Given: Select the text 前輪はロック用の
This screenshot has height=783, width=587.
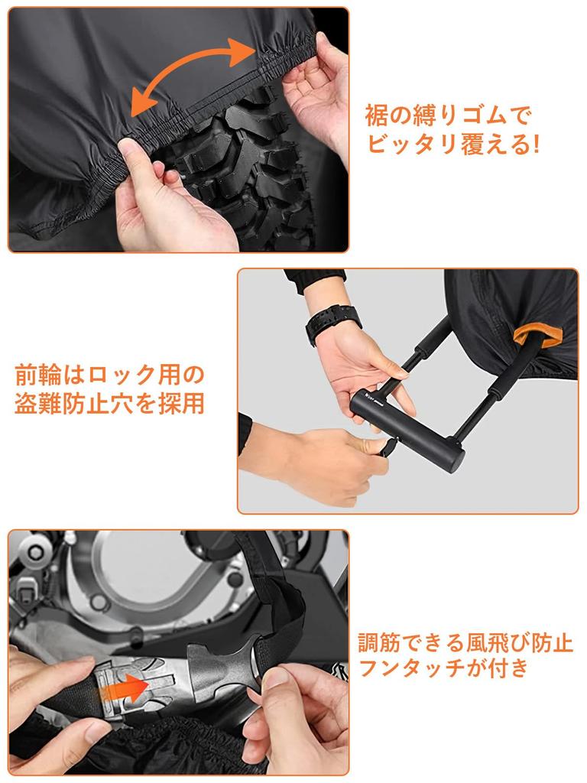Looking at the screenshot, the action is (x=109, y=375).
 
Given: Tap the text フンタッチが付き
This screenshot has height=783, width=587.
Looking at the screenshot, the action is (x=443, y=668).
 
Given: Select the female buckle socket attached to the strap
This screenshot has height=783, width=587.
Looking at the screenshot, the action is (x=223, y=669).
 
